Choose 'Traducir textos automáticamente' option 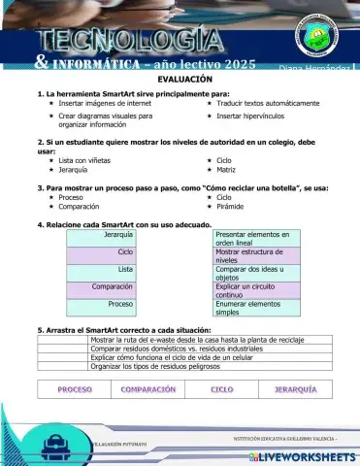[268, 102]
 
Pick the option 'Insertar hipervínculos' [255, 116]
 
